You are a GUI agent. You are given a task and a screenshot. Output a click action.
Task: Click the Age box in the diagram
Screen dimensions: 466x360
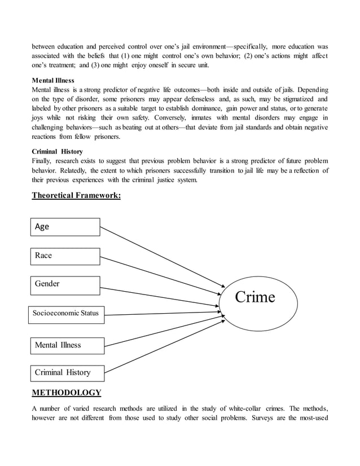coord(64,227)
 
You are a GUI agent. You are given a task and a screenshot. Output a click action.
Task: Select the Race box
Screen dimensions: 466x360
coord(64,256)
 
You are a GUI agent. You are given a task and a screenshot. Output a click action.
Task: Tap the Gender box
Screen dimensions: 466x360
coord(64,284)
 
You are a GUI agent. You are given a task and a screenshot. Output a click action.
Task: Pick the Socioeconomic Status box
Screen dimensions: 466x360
coord(67,314)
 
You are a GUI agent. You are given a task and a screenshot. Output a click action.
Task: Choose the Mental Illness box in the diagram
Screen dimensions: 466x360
coord(67,345)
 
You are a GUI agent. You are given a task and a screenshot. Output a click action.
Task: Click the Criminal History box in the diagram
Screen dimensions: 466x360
coord(67,372)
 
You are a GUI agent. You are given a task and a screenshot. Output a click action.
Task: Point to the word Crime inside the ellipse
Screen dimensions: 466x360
coord(254,297)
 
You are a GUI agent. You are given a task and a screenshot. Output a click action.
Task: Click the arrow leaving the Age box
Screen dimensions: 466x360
coord(164,257)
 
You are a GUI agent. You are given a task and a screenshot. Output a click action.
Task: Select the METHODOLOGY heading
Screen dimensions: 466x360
coord(67,393)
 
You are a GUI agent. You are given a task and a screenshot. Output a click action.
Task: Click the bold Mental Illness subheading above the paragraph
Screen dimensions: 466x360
coord(53,81)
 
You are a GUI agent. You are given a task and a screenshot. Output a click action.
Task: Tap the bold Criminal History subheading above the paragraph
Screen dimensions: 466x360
coord(57,152)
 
